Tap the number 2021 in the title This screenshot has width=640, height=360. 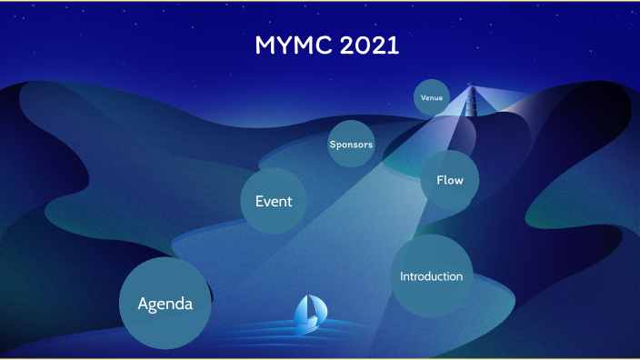(x=369, y=45)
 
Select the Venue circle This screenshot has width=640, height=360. (x=432, y=97)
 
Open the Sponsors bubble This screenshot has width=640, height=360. (x=351, y=144)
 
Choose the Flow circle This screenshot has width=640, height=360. (x=450, y=180)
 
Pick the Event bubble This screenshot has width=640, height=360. (x=273, y=201)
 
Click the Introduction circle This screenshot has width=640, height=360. (x=431, y=276)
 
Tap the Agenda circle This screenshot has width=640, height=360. (x=165, y=304)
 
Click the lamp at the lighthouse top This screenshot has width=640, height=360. (x=471, y=87)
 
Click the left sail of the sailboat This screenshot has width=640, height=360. (x=303, y=310)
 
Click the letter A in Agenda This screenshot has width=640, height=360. (x=144, y=304)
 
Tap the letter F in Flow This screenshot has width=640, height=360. (x=440, y=180)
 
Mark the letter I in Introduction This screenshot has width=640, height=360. (x=402, y=276)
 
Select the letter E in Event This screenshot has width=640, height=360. (x=259, y=201)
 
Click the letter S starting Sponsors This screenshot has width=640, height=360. (x=333, y=144)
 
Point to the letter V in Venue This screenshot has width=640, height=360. (x=423, y=97)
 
